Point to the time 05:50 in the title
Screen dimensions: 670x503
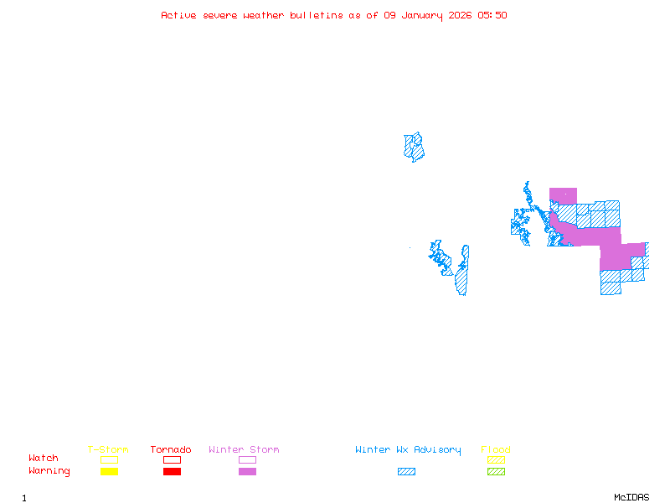point(492,15)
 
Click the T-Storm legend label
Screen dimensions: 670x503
point(108,450)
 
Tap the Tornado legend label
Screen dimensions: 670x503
point(171,450)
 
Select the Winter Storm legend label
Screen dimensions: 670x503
point(244,450)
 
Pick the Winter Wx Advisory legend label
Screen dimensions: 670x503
point(408,450)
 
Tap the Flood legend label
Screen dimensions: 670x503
point(496,450)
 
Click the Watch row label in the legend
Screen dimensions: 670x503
point(44,459)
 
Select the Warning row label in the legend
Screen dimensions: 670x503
point(49,471)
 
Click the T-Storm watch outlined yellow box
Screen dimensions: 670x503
point(109,459)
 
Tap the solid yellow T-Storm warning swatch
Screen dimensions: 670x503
point(109,472)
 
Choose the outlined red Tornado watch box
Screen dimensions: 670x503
point(172,459)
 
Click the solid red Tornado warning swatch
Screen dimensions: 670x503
point(172,472)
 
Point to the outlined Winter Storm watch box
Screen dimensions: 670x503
point(247,459)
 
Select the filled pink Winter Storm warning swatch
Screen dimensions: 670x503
point(247,472)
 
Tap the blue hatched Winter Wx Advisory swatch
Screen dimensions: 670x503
point(406,472)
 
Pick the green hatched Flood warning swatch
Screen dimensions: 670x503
point(496,472)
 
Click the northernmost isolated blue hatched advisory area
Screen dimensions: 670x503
point(414,147)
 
